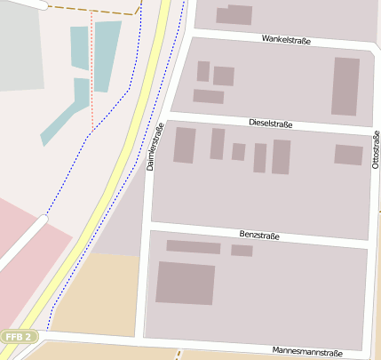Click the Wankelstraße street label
click(286, 40)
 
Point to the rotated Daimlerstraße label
click(156, 147)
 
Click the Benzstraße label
click(259, 236)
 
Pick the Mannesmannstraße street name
click(306, 351)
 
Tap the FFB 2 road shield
click(18, 337)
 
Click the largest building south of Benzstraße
click(186, 283)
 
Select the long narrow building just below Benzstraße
click(193, 247)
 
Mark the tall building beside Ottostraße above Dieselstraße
click(345, 86)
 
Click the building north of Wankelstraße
click(234, 14)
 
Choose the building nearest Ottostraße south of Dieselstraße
click(348, 155)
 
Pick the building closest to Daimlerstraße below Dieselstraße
click(185, 145)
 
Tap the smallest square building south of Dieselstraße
click(238, 152)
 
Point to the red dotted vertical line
click(91, 71)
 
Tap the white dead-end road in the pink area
click(22, 240)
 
